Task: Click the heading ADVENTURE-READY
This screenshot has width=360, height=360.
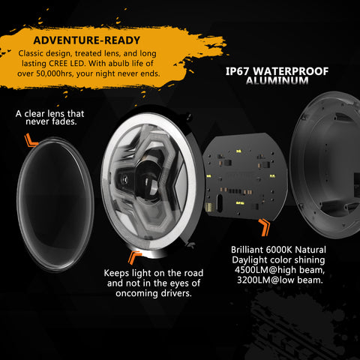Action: (86, 40)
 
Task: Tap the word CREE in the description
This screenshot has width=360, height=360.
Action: (58, 63)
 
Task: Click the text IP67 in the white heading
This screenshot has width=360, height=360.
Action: (237, 71)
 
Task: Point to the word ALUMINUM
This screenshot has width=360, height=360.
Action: (277, 81)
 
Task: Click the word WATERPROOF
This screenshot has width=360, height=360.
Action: (291, 71)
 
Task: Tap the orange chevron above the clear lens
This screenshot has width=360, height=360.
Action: (31, 140)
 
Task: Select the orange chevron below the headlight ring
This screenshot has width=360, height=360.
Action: (133, 257)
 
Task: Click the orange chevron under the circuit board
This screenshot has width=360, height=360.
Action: (265, 227)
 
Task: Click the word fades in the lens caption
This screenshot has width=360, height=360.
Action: (64, 121)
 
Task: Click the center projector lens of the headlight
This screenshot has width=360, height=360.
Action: (148, 181)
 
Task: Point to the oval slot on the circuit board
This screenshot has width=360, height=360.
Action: (219, 203)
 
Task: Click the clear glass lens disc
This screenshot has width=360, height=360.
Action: (55, 204)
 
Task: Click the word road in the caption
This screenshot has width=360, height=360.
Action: (193, 273)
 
